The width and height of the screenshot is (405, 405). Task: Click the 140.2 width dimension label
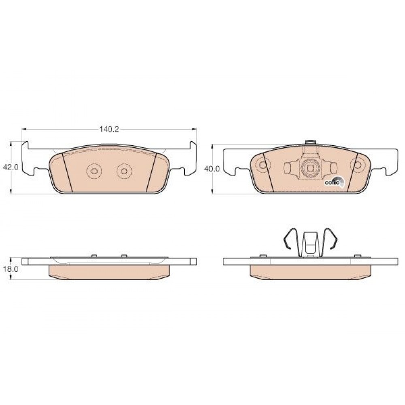(109, 130)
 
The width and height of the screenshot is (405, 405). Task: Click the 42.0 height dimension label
(11, 167)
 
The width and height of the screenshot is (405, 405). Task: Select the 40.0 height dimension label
(212, 169)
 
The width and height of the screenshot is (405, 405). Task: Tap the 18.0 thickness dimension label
(11, 269)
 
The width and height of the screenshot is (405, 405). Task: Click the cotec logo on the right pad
(335, 181)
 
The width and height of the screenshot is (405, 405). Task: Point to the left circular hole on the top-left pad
(94, 171)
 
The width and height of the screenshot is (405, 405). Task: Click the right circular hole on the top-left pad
(124, 171)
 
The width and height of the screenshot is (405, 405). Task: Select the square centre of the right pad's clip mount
(310, 168)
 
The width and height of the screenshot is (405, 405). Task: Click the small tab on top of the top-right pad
(310, 142)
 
